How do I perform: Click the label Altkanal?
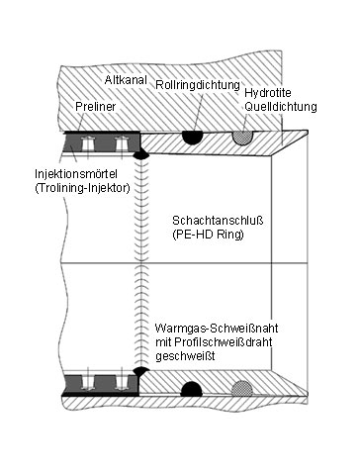(x=126, y=80)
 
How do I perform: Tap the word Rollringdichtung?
(x=198, y=85)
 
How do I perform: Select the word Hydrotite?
(x=268, y=93)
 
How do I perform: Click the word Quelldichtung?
(x=281, y=107)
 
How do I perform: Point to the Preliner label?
(x=96, y=107)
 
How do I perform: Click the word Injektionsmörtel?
(x=76, y=173)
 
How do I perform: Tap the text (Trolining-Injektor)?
(x=82, y=188)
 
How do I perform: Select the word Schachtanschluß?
(x=218, y=221)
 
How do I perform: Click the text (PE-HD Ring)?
(x=208, y=235)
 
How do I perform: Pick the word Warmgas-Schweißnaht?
(x=217, y=329)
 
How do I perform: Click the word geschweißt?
(x=185, y=356)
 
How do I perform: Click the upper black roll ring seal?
(x=193, y=137)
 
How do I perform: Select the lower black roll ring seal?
(x=192, y=389)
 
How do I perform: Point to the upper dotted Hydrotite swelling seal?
(x=242, y=138)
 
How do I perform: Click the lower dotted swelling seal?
(x=242, y=389)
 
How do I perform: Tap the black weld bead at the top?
(x=141, y=153)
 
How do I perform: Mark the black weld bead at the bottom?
(x=141, y=371)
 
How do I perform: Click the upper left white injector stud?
(x=88, y=143)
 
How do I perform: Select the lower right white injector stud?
(x=121, y=382)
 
